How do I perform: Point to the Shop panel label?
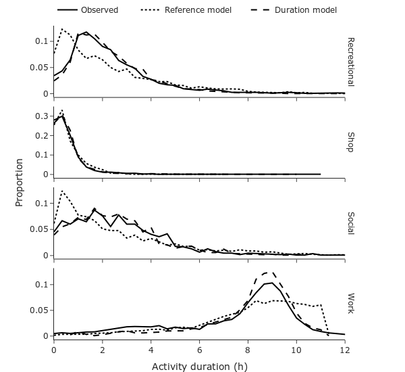(350, 142)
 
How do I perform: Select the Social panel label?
(350, 223)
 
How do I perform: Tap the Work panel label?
(350, 304)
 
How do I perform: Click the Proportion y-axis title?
(19, 183)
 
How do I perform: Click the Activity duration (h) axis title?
(199, 367)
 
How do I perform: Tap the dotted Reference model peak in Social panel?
(62, 191)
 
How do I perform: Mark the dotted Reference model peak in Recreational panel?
(62, 29)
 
